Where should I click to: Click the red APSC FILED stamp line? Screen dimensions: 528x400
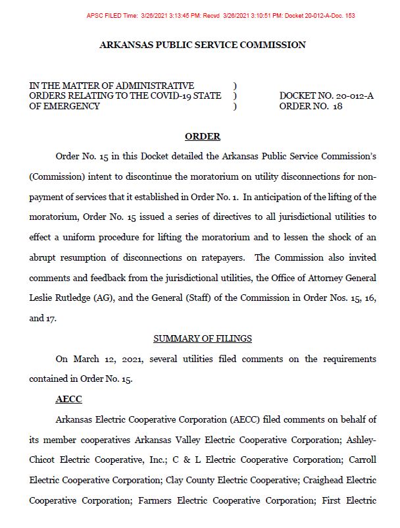click(220, 15)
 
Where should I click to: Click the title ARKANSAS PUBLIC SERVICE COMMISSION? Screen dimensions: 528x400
click(202, 45)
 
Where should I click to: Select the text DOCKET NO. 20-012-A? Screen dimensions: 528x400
click(326, 96)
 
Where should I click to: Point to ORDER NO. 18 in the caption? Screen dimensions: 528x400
click(311, 106)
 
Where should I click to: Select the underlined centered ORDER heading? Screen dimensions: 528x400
click(202, 137)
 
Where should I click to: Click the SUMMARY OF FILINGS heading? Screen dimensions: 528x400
click(202, 338)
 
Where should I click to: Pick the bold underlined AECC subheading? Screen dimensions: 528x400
click(68, 399)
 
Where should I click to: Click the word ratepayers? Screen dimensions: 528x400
click(223, 257)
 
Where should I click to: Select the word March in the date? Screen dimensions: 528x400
click(88, 359)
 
